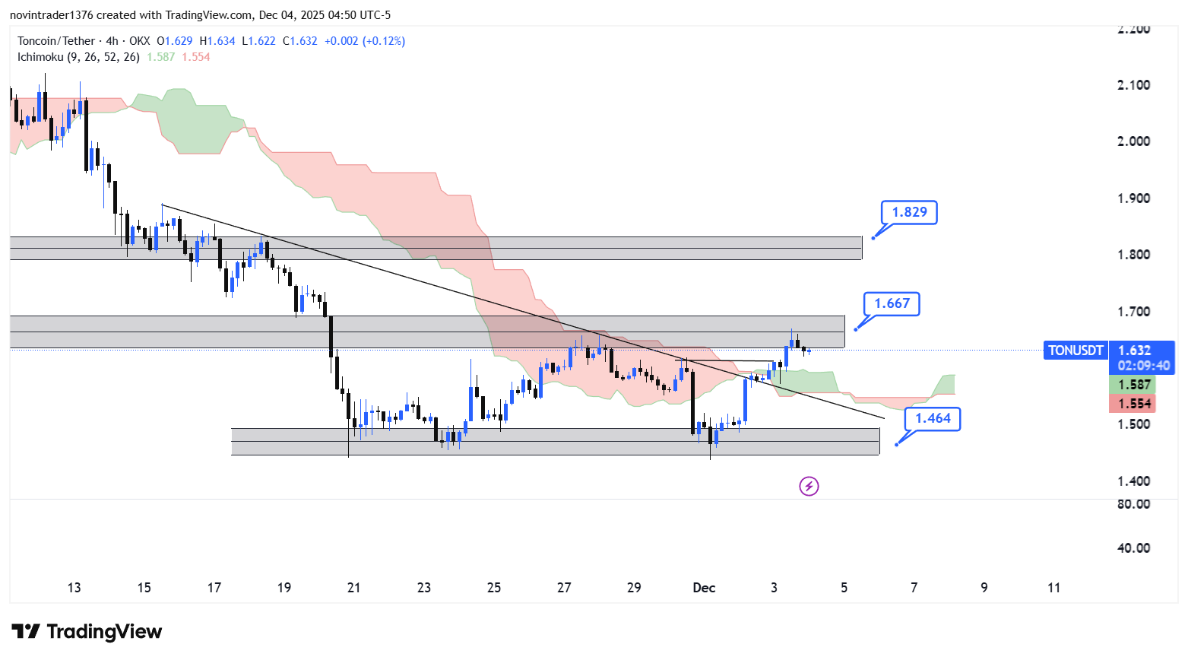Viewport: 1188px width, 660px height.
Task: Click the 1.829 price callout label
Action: (x=909, y=212)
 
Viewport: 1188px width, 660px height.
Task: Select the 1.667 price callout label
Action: (x=892, y=303)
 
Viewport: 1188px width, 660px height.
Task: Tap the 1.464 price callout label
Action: (x=933, y=418)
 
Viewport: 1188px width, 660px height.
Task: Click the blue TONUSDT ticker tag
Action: (x=1076, y=351)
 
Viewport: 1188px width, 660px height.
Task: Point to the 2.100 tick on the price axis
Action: (x=1133, y=84)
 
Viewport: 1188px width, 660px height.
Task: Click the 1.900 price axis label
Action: (x=1133, y=198)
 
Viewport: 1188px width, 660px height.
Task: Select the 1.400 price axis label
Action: (x=1133, y=481)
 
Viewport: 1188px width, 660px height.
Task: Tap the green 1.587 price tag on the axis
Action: (x=1133, y=385)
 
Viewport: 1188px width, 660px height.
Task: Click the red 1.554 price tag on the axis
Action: (x=1133, y=404)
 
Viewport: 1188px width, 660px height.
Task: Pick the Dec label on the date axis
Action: (x=704, y=587)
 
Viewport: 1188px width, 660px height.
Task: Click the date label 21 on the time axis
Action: (x=353, y=587)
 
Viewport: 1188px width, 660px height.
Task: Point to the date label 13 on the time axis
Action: (x=74, y=587)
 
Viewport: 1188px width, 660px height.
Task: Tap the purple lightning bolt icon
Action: (x=809, y=486)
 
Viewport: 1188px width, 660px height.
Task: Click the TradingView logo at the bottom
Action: (x=87, y=632)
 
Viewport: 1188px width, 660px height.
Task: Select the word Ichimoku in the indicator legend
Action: (x=40, y=57)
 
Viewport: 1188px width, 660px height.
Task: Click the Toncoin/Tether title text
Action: (x=56, y=41)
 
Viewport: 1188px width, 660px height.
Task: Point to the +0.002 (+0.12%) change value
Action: (x=365, y=41)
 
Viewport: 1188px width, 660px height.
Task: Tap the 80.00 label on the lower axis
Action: (x=1133, y=504)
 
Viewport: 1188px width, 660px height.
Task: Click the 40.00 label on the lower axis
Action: (x=1133, y=548)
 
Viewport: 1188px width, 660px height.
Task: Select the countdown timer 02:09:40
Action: (x=1144, y=366)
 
